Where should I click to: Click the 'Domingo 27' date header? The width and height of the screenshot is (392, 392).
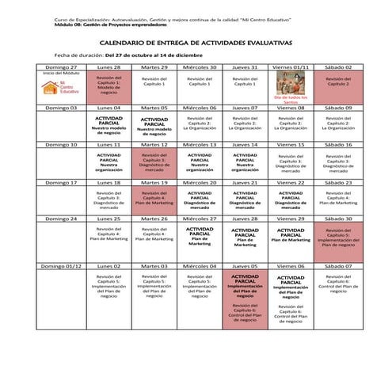[62, 68]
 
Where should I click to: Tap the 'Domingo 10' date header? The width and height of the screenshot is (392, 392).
[62, 145]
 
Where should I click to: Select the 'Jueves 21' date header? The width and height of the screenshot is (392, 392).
[245, 182]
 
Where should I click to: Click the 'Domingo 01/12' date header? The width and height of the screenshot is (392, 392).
[62, 267]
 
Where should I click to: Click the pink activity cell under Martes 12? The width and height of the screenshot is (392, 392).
[154, 162]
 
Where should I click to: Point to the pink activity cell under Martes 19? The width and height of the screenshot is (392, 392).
[154, 199]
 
